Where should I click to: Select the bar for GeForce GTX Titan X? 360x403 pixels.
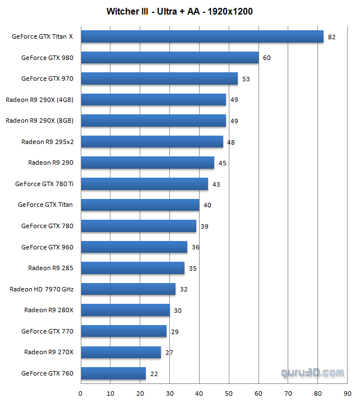pyautogui.click(x=202, y=36)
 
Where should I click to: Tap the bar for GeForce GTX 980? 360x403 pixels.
pyautogui.click(x=169, y=58)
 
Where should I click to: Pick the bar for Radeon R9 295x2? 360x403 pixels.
pyautogui.click(x=152, y=142)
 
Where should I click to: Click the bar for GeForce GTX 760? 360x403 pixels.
pyautogui.click(x=113, y=373)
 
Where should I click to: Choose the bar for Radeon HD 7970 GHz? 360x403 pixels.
pyautogui.click(x=128, y=289)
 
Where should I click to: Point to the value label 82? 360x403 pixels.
pyautogui.click(x=331, y=37)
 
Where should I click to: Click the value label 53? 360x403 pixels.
pyautogui.click(x=246, y=79)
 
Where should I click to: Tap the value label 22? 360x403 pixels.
pyautogui.click(x=154, y=373)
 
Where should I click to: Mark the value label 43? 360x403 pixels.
pyautogui.click(x=216, y=184)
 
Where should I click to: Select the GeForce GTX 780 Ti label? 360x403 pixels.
pyautogui.click(x=44, y=184)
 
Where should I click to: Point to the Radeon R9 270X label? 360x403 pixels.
pyautogui.click(x=49, y=352)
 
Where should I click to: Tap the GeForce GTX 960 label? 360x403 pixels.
pyautogui.click(x=47, y=247)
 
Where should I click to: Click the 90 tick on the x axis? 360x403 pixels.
pyautogui.click(x=348, y=392)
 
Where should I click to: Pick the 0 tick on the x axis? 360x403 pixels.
pyautogui.click(x=81, y=392)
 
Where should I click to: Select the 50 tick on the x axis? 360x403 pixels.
pyautogui.click(x=229, y=392)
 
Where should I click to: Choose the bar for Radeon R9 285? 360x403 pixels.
pyautogui.click(x=132, y=268)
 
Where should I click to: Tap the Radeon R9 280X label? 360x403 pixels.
pyautogui.click(x=49, y=310)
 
